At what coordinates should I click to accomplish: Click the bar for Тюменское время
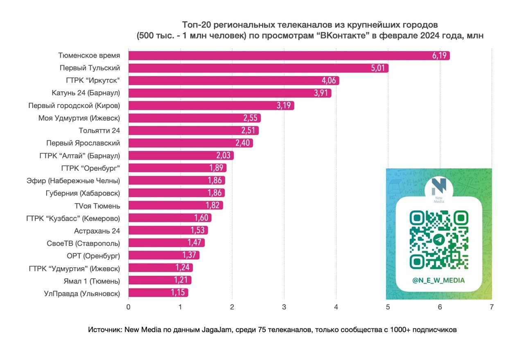point(287,56)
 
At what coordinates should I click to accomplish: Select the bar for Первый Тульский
point(258,68)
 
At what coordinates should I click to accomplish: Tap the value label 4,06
point(328,81)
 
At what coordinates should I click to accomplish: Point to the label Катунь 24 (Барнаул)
point(86,93)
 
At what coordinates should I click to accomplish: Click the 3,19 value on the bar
point(284,106)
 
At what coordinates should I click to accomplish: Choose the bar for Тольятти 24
point(192,130)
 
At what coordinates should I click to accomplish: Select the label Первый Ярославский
point(83,143)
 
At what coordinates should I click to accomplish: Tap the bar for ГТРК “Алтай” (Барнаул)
point(180,155)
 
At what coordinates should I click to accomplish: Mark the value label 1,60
point(201,218)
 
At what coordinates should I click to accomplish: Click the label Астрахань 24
point(97,231)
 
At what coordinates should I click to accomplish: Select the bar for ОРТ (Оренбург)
point(164,255)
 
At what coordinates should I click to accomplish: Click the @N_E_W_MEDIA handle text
point(438,280)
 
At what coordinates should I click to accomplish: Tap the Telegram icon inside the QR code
point(438,240)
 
